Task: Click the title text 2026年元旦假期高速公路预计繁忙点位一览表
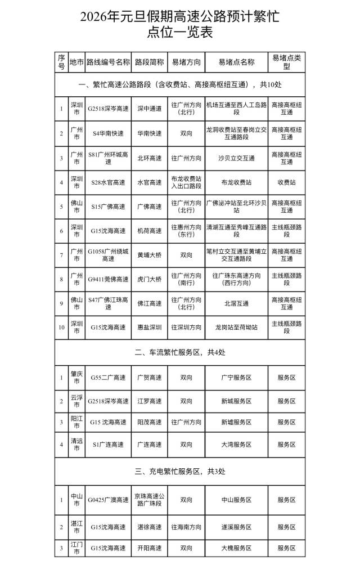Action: [179, 25]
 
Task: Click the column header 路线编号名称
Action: [109, 62]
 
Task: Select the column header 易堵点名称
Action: [236, 62]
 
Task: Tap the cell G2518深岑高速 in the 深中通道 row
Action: [109, 109]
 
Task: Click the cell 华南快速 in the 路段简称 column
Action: [150, 133]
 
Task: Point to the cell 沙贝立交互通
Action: [236, 158]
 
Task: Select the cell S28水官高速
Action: [109, 182]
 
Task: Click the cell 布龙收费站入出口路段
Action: [186, 182]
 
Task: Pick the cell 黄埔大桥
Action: [150, 254]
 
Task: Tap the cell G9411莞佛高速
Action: [109, 279]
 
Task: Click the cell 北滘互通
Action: [236, 303]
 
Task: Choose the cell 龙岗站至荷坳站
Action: [236, 327]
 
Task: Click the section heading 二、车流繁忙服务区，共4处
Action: [179, 352]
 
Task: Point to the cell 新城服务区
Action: [236, 401]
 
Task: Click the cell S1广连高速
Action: [109, 445]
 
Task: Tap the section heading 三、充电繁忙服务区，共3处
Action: [179, 471]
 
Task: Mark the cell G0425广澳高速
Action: [109, 499]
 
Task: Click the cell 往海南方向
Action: [186, 527]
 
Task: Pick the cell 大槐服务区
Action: [236, 548]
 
